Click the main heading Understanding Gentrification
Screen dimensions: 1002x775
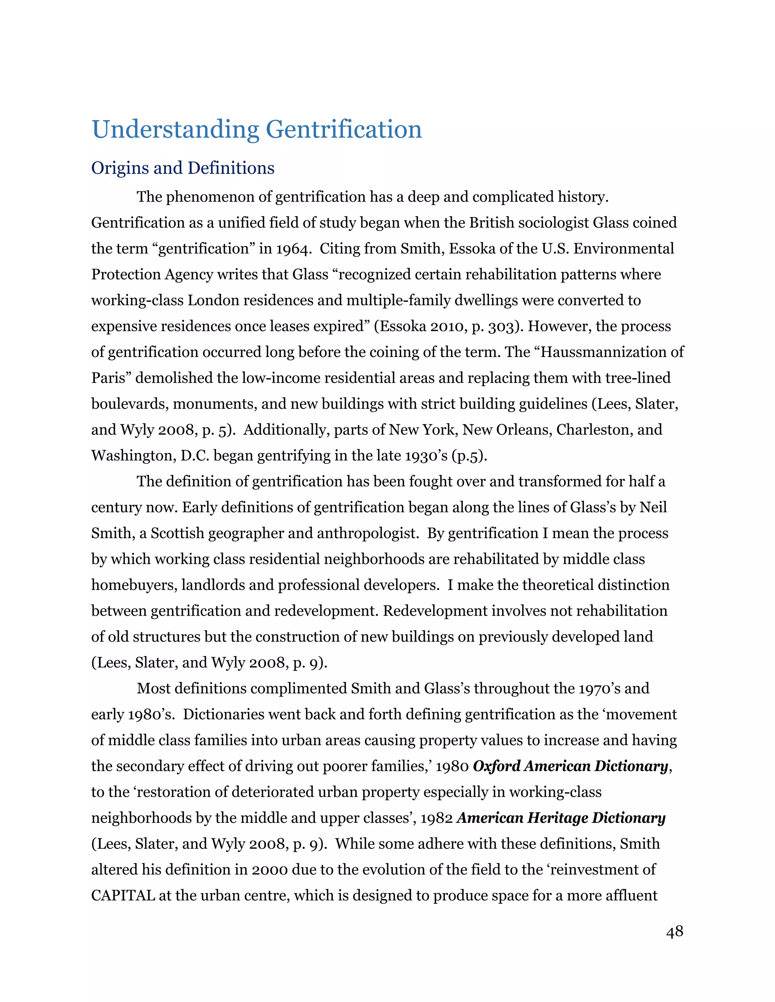coord(257,129)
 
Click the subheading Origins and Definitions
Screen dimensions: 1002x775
coord(183,168)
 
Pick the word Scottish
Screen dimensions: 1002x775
coord(177,534)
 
